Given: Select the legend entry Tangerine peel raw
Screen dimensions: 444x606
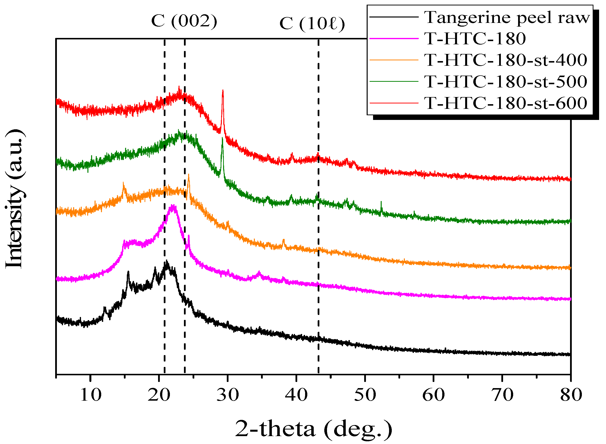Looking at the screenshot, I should (507, 17).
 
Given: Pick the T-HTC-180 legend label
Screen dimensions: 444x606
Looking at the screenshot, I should (475, 39).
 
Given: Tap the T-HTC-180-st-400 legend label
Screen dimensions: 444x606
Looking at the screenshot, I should (506, 60).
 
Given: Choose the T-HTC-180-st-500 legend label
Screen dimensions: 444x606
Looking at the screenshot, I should (506, 82).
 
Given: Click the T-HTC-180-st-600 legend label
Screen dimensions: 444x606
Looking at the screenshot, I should (506, 103).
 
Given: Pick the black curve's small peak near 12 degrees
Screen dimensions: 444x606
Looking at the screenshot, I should (105, 308).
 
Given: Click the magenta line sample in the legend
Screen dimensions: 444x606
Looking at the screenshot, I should (394, 39).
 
